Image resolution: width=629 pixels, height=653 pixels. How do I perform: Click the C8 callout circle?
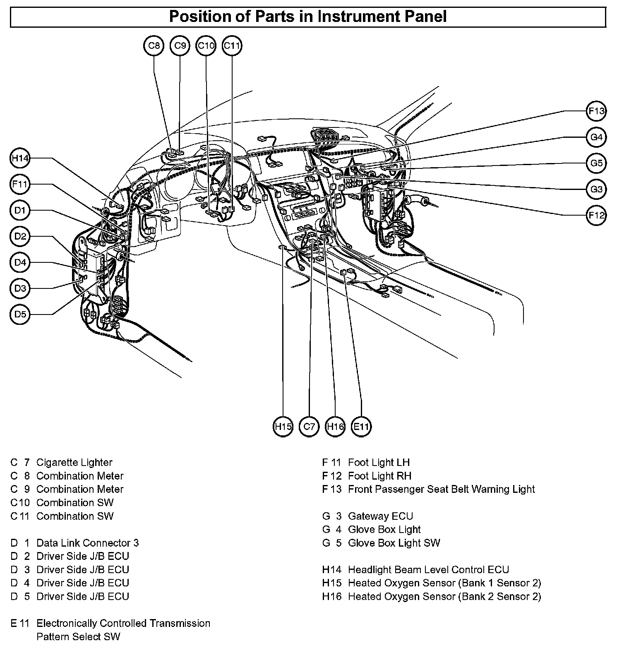pyautogui.click(x=154, y=46)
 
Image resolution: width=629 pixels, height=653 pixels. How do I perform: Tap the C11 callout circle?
pyautogui.click(x=232, y=46)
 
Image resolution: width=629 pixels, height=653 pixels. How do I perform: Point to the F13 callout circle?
pyautogui.click(x=596, y=111)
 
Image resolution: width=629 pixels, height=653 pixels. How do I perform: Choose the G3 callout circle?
pyautogui.click(x=596, y=189)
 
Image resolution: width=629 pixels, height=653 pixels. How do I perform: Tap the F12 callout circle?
pyautogui.click(x=596, y=215)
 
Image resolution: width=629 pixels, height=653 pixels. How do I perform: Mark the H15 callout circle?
pyautogui.click(x=283, y=427)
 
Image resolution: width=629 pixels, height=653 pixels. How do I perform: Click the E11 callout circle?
pyautogui.click(x=361, y=427)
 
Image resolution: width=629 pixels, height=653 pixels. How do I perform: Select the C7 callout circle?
pyautogui.click(x=309, y=427)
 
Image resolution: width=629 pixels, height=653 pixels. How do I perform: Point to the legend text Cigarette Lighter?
pyautogui.click(x=74, y=462)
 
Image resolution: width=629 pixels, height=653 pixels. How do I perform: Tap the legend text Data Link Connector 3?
pyautogui.click(x=88, y=543)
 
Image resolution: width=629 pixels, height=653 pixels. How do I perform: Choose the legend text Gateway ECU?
pyautogui.click(x=380, y=516)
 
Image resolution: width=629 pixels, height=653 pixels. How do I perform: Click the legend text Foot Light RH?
pyautogui.click(x=379, y=476)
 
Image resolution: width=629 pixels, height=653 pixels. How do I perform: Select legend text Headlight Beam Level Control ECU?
pyautogui.click(x=428, y=569)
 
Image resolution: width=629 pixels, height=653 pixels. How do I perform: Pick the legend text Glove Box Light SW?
pyautogui.click(x=394, y=543)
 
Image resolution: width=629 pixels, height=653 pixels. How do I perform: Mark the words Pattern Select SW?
pyautogui.click(x=78, y=636)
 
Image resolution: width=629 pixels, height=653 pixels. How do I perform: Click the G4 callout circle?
pyautogui.click(x=596, y=137)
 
